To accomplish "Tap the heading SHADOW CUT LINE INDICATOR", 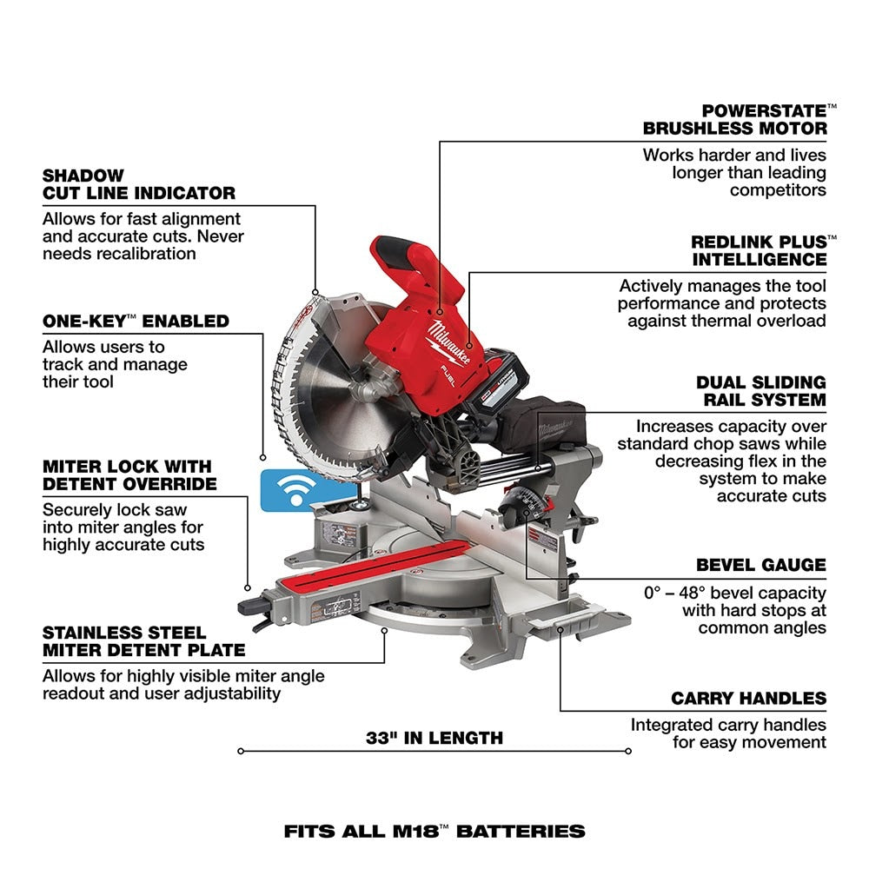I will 139,184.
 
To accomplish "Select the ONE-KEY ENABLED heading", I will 136,322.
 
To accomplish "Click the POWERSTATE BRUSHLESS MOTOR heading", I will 735,120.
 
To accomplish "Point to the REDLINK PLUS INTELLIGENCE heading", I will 759,250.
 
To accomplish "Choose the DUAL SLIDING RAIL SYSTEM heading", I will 760,391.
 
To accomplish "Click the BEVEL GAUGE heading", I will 760,565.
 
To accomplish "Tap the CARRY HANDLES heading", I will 748,699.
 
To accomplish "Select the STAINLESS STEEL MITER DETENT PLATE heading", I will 143,641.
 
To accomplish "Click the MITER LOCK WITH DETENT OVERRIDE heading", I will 129,474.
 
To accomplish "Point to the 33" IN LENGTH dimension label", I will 434,738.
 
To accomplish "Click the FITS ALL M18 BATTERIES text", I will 434,831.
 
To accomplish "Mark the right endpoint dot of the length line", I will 627,751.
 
